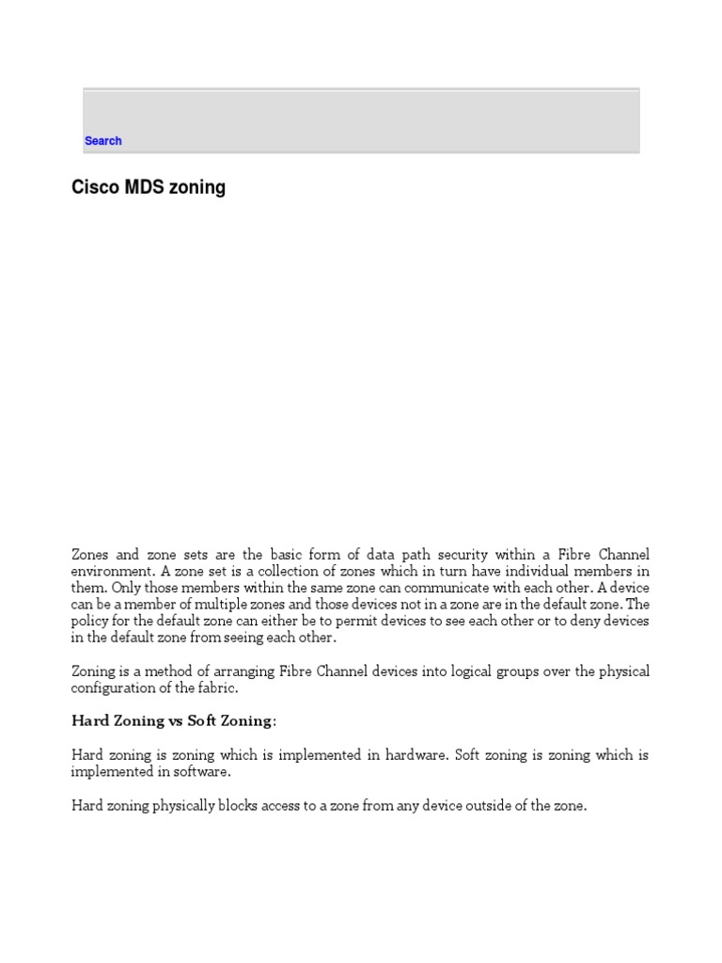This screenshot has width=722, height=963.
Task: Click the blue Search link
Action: pos(102,141)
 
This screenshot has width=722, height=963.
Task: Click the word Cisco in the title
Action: pos(91,187)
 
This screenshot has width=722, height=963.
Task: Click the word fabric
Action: pos(219,688)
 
